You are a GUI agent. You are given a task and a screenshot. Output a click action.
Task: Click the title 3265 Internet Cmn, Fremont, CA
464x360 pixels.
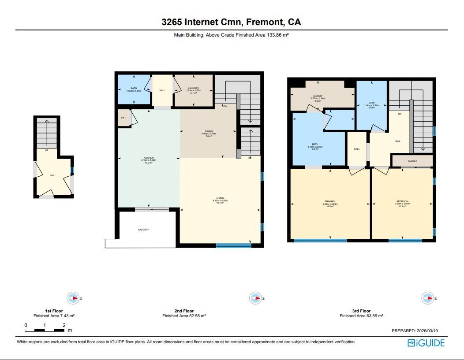(x=231, y=22)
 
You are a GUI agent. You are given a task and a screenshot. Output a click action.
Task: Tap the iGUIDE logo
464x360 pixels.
(x=426, y=343)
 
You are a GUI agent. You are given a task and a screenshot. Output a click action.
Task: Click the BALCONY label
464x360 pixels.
(x=143, y=230)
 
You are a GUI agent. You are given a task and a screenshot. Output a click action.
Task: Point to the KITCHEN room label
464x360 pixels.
(x=148, y=158)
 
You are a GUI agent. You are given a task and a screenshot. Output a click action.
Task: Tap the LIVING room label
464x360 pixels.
(x=220, y=198)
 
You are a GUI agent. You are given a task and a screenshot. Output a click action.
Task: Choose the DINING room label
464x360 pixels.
(x=209, y=131)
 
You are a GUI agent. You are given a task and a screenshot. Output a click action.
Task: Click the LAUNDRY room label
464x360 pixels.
(x=193, y=88)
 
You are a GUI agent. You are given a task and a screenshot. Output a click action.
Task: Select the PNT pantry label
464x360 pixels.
(x=123, y=118)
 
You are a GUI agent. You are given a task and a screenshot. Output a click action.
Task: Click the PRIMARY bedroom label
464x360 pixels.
(x=330, y=201)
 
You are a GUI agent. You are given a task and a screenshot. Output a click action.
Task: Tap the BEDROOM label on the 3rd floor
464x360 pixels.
(x=402, y=201)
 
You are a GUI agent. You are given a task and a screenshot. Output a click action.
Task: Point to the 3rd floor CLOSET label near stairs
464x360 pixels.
(x=412, y=161)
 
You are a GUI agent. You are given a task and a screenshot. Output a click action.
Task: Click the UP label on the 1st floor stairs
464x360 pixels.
(x=46, y=150)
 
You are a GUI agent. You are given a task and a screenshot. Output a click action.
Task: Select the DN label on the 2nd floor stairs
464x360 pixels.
(x=225, y=106)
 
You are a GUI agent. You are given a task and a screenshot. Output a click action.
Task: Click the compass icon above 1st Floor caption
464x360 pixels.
(x=73, y=298)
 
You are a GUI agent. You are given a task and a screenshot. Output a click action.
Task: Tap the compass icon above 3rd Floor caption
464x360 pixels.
(x=428, y=298)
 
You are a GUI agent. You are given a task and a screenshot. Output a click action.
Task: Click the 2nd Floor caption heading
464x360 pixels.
(x=184, y=311)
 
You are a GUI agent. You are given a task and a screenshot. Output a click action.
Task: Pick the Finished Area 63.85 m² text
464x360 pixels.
(x=361, y=316)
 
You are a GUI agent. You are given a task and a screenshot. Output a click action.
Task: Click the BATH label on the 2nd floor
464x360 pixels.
(x=133, y=88)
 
